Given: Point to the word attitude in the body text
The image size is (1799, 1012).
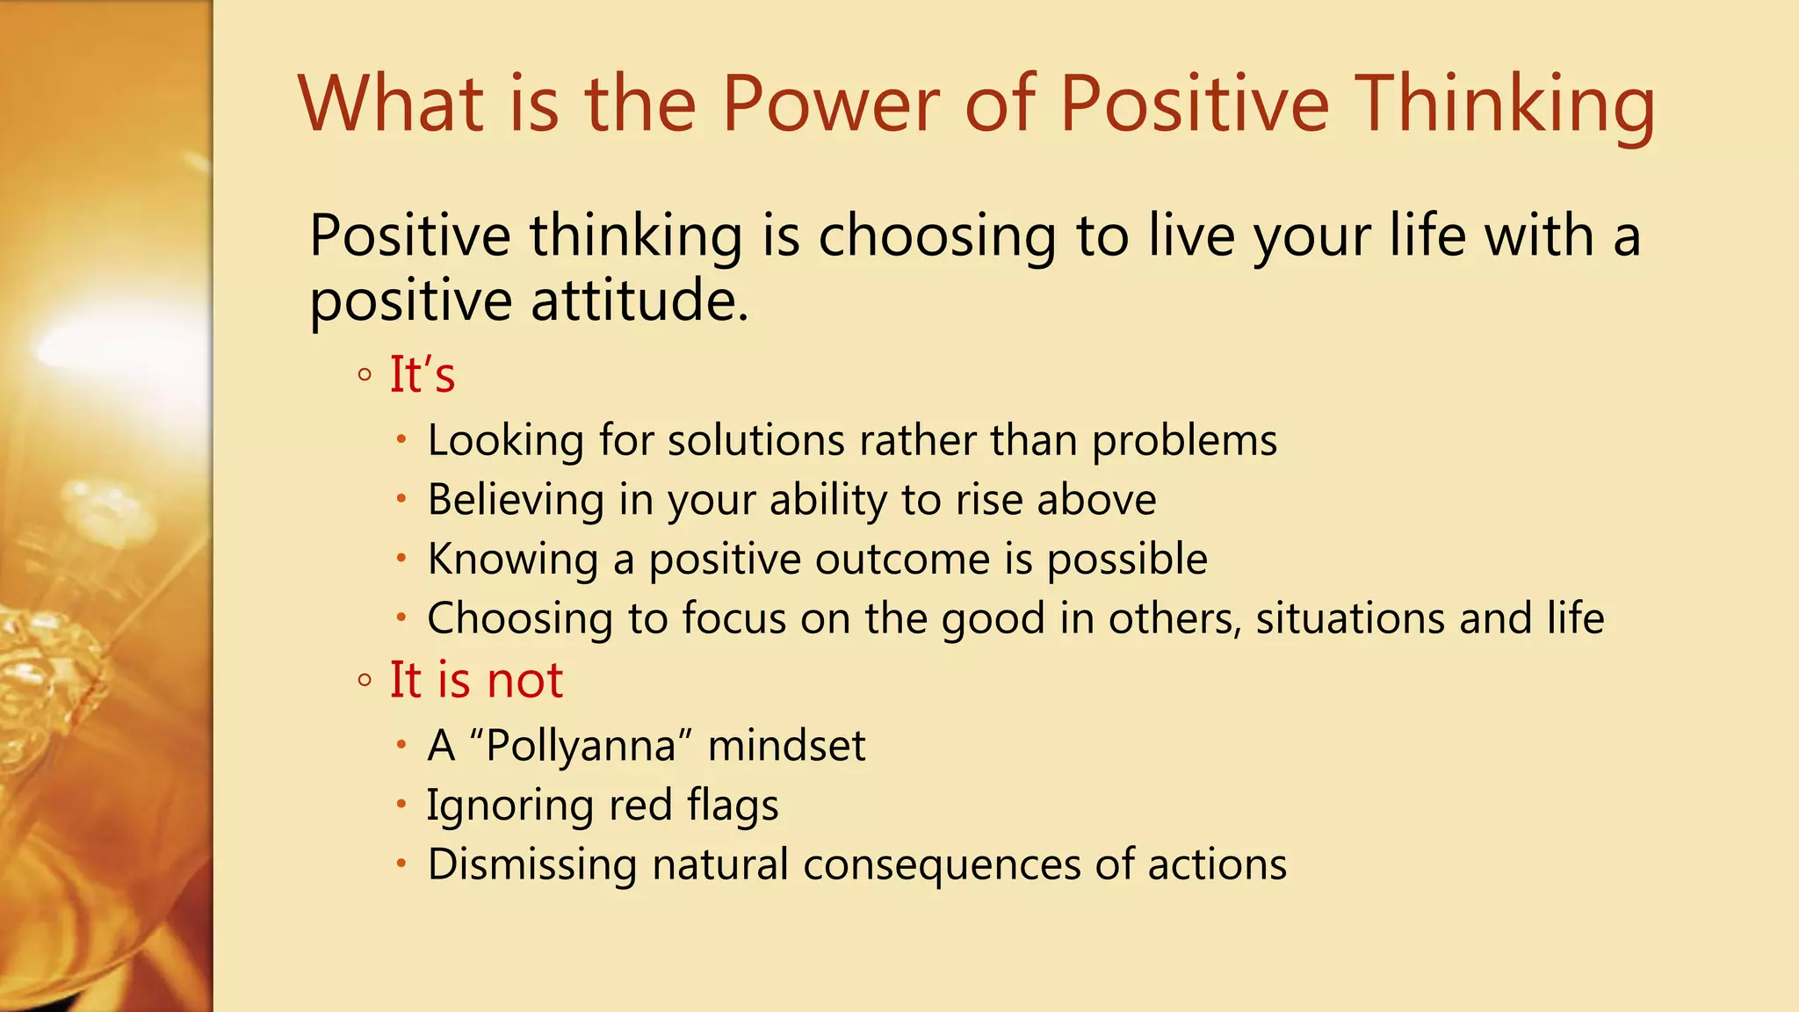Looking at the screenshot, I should point(639,300).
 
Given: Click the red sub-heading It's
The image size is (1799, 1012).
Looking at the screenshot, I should point(422,375).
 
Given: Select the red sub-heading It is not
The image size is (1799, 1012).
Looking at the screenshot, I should point(476,680).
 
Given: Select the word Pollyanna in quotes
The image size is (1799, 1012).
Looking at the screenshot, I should point(581,747).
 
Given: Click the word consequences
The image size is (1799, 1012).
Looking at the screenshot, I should point(941,865).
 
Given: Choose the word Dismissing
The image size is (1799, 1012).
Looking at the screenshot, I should point(531,864).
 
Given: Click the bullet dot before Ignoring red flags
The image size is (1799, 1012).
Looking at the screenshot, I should point(401,804).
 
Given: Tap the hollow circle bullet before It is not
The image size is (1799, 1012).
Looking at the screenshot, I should point(365,681).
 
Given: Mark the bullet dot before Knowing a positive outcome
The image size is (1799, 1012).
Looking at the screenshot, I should point(401,558).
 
